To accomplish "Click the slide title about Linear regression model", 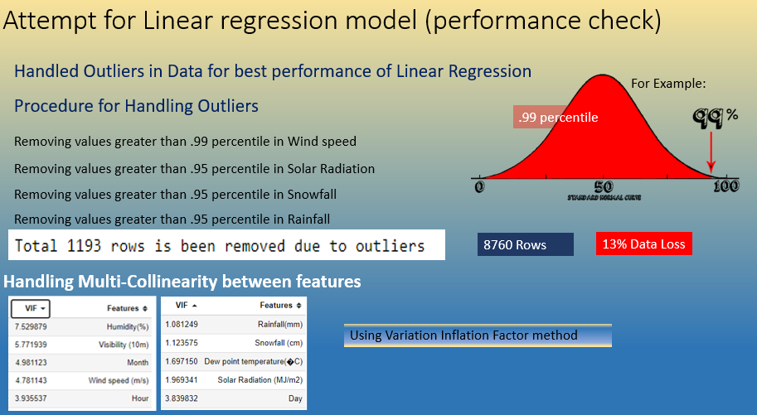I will pos(332,20).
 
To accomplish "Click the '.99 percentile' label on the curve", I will pos(557,118).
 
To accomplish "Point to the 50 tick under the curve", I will pos(604,186).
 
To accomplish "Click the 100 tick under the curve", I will pos(725,186).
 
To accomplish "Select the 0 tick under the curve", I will pos(479,186).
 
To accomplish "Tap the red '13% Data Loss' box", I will pos(643,245).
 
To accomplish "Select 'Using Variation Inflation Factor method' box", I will pos(477,335).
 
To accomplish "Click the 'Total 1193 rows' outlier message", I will pos(220,246).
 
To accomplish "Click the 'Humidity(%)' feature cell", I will pos(125,326).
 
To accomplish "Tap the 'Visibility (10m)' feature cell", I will pos(120,345).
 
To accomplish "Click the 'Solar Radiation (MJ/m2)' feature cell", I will pos(260,379).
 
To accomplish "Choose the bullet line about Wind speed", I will pos(185,142).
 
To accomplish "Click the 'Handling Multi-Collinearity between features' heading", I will pos(182,282).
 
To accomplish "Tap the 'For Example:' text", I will pos(668,84).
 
